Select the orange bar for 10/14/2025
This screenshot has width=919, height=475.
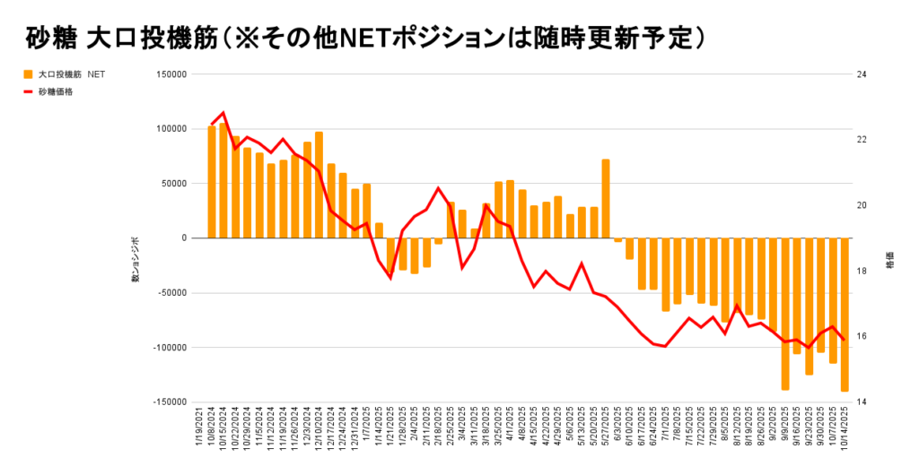(x=845, y=315)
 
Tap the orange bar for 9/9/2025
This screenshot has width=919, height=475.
(x=785, y=314)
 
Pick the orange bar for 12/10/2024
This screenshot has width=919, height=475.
(x=319, y=185)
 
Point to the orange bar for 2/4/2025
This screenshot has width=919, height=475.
(x=415, y=255)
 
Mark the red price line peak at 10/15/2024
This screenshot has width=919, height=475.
(x=223, y=113)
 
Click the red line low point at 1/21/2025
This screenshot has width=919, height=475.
(x=390, y=278)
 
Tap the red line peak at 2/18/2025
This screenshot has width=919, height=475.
(x=438, y=188)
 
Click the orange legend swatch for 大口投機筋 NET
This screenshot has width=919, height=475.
(x=28, y=74)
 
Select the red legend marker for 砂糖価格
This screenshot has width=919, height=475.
(x=28, y=91)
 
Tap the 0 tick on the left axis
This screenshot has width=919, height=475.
(x=183, y=238)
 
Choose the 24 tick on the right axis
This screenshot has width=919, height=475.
(x=862, y=74)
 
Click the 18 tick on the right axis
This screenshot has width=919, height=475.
(x=862, y=272)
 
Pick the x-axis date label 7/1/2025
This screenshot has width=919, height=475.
(x=666, y=435)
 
